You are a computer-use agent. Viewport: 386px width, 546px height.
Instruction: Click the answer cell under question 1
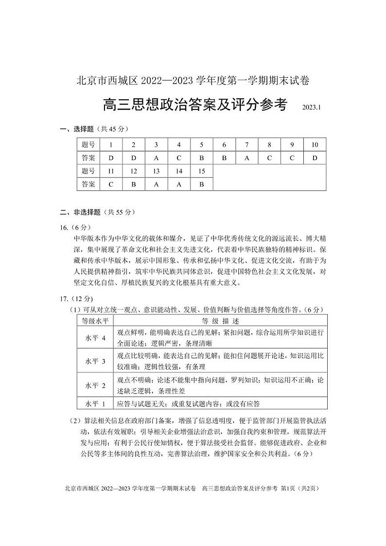click(x=111, y=158)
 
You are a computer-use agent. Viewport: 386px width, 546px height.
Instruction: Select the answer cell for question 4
click(x=179, y=158)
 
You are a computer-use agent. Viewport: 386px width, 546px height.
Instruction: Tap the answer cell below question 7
click(x=247, y=158)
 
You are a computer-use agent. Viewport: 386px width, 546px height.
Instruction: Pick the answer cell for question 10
click(x=315, y=158)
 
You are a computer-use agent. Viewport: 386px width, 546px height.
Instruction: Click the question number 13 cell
click(x=156, y=171)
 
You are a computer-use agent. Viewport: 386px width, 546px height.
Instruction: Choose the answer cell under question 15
click(x=202, y=184)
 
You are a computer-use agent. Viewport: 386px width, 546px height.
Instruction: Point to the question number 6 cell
click(x=224, y=145)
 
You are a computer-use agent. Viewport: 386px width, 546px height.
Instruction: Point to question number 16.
click(x=64, y=227)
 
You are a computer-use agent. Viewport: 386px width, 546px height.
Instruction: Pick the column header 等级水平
click(x=95, y=321)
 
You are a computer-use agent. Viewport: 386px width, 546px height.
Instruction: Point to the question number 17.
click(x=64, y=298)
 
